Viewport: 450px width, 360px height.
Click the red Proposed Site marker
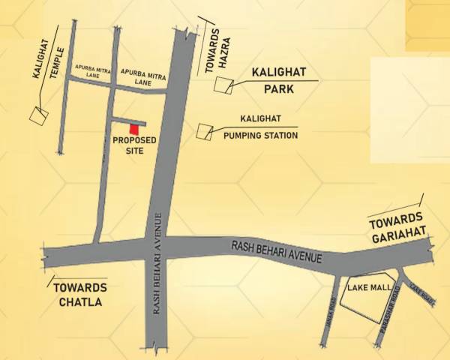(x=136, y=128)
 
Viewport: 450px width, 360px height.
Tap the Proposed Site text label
(x=134, y=145)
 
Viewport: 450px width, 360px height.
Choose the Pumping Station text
(x=261, y=136)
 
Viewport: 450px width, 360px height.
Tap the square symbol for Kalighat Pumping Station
(x=202, y=130)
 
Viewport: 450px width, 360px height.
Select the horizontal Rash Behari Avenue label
(x=277, y=251)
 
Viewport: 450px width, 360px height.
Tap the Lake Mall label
(x=364, y=287)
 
